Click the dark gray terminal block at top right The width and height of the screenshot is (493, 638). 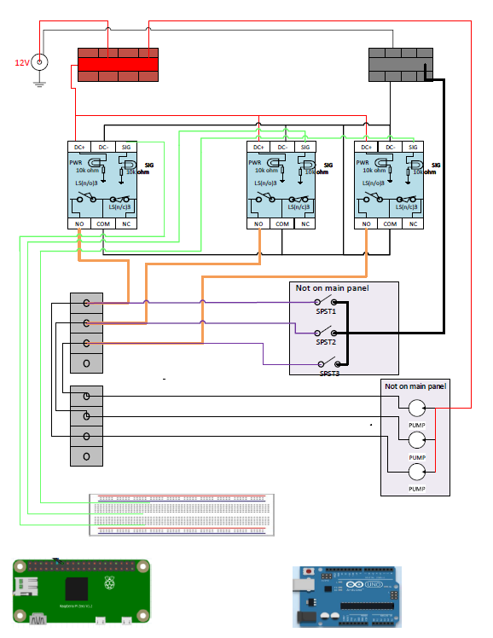[400, 65]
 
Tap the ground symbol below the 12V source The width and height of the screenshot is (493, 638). [38, 83]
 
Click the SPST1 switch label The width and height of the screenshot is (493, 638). [327, 312]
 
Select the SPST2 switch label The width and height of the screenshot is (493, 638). [327, 342]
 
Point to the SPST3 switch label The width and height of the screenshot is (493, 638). [330, 373]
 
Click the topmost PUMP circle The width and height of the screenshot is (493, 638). [416, 409]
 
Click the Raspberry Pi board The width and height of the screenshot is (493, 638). [81, 592]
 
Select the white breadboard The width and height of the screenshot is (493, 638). [183, 515]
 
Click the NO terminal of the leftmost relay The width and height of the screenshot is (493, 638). [79, 223]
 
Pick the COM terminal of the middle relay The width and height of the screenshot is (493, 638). [282, 223]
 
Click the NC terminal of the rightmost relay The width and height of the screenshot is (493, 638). [414, 223]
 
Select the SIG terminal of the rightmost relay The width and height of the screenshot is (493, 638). [414, 148]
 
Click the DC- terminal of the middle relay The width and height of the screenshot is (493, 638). [282, 148]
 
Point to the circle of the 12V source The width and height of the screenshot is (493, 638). [38, 62]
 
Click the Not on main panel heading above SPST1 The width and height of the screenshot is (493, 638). [333, 288]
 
